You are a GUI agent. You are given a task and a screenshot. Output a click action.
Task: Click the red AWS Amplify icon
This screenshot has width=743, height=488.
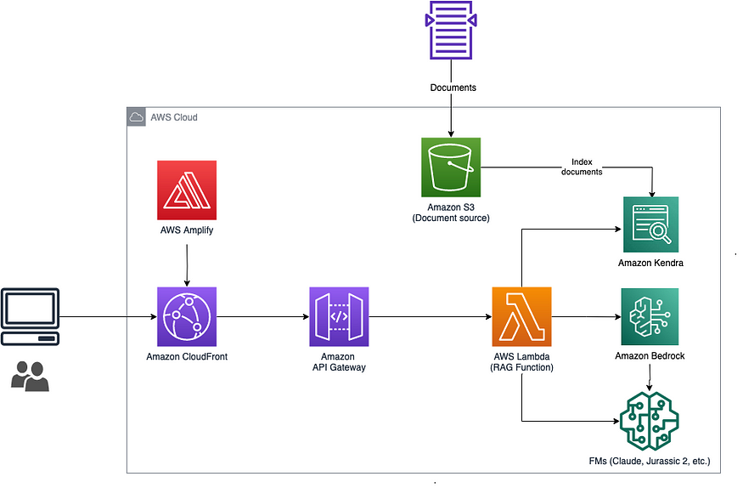[x=186, y=190]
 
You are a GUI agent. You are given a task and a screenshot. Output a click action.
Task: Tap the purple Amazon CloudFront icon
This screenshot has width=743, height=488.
[x=186, y=316]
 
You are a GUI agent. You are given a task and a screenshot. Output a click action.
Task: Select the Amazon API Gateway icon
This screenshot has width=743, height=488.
[x=339, y=316]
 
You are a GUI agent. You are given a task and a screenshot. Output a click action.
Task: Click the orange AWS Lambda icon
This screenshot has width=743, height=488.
[x=521, y=316]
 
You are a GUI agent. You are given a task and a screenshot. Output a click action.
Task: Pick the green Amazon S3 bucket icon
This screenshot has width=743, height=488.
[x=451, y=167]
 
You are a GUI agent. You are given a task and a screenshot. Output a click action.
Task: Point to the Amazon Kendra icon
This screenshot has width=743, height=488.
[x=651, y=224]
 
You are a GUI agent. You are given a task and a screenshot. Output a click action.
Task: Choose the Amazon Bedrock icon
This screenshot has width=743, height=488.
[x=650, y=316]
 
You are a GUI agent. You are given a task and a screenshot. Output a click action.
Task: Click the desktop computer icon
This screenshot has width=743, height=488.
[x=31, y=317]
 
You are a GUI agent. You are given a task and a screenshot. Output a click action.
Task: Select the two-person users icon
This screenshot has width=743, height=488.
[x=31, y=375]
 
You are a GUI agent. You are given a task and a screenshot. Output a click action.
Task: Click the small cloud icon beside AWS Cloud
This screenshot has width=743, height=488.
[x=136, y=117]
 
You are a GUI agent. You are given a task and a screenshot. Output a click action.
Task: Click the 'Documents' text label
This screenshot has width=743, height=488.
[x=453, y=88]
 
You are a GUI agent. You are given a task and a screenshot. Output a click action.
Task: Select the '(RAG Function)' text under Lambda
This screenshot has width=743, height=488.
[x=521, y=368]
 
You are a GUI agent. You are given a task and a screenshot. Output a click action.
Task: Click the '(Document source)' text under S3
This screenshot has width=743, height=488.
[x=451, y=218]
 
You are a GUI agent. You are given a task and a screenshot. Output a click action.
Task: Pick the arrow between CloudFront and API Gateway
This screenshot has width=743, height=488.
[x=262, y=317]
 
